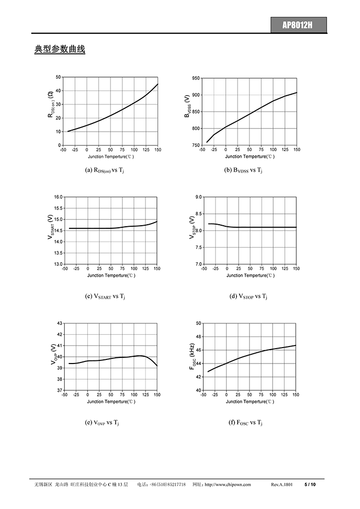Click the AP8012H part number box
(298, 25)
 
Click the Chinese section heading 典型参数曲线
(60, 50)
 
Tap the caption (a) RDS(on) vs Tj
(104, 170)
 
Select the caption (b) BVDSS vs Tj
(243, 170)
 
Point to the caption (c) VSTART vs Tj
(104, 296)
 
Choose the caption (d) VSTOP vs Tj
(244, 296)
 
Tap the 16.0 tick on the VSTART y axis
(59, 197)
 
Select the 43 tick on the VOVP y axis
(60, 323)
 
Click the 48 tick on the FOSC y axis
(199, 337)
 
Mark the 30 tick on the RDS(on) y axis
(58, 104)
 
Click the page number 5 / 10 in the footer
(310, 484)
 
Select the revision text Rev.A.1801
(281, 484)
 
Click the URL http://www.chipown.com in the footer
(227, 484)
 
